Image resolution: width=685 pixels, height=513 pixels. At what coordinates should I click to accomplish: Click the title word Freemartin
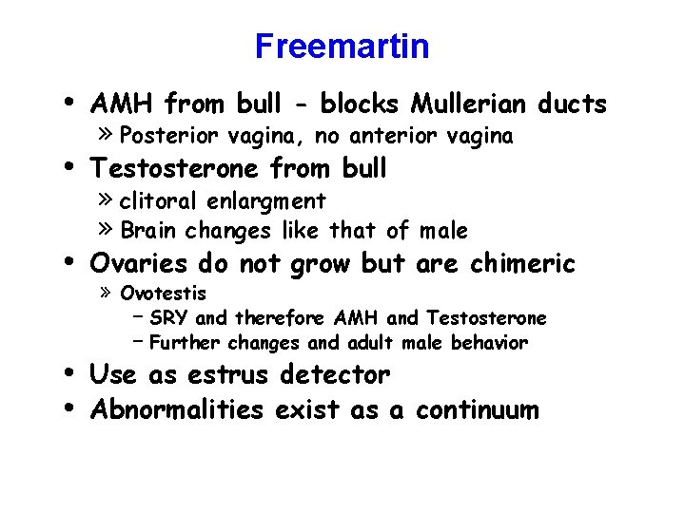pyautogui.click(x=342, y=46)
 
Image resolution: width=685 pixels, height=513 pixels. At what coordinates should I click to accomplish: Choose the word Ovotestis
pyautogui.click(x=164, y=294)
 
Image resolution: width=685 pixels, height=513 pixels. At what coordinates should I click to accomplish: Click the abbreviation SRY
pyautogui.click(x=169, y=317)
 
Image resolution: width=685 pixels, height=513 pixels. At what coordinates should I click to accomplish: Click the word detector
pyautogui.click(x=336, y=375)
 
